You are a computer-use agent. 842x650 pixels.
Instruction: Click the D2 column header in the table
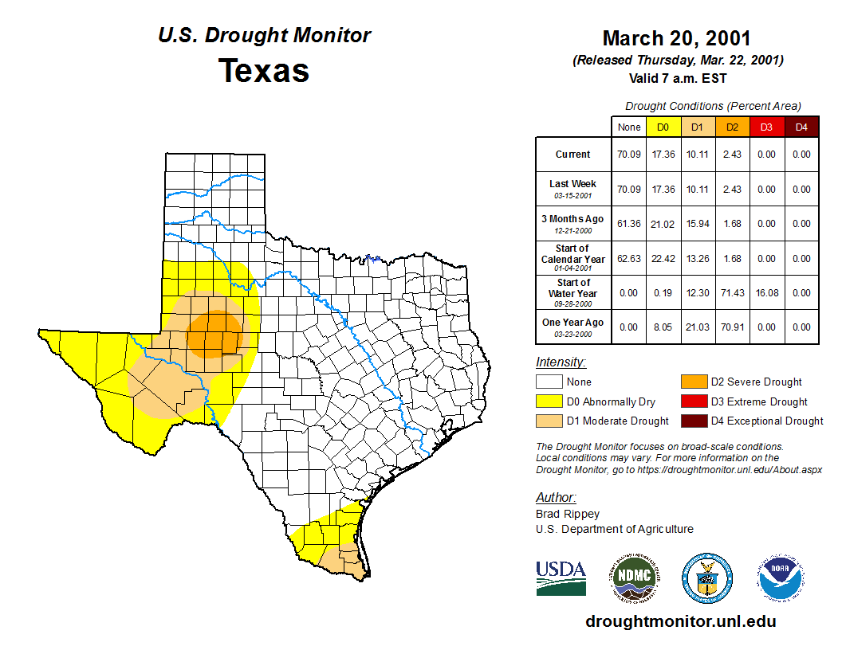point(732,127)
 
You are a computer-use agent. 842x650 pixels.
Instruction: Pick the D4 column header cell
point(801,127)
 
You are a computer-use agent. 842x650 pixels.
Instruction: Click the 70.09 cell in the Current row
point(629,155)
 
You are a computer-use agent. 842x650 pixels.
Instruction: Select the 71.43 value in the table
point(732,293)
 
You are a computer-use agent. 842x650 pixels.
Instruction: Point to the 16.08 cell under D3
point(766,293)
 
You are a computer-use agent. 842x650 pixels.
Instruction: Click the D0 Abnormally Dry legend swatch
point(549,401)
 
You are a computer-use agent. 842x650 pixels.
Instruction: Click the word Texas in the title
point(264,71)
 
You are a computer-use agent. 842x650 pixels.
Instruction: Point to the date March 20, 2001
point(676,38)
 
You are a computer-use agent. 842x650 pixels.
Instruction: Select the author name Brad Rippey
point(567,514)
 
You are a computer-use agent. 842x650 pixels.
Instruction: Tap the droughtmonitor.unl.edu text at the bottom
point(680,621)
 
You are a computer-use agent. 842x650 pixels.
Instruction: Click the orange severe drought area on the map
point(214,332)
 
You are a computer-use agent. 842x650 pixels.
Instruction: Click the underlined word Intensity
point(561,362)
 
